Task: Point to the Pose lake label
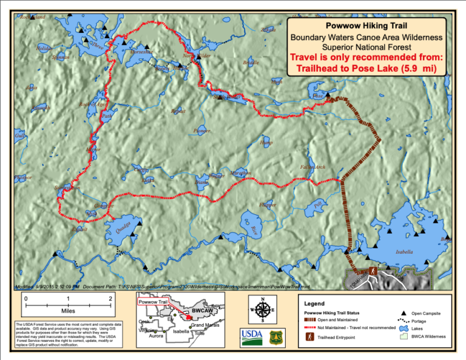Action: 317,96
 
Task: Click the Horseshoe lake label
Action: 141,52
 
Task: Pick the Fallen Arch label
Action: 312,167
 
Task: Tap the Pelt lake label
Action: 319,206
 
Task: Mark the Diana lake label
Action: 201,182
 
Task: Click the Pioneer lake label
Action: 201,131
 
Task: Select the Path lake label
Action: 107,116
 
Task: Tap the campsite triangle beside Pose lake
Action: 328,95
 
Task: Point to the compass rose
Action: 263,310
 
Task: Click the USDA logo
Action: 251,337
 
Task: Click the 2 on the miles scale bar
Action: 110,299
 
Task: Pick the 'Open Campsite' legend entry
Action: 425,313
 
